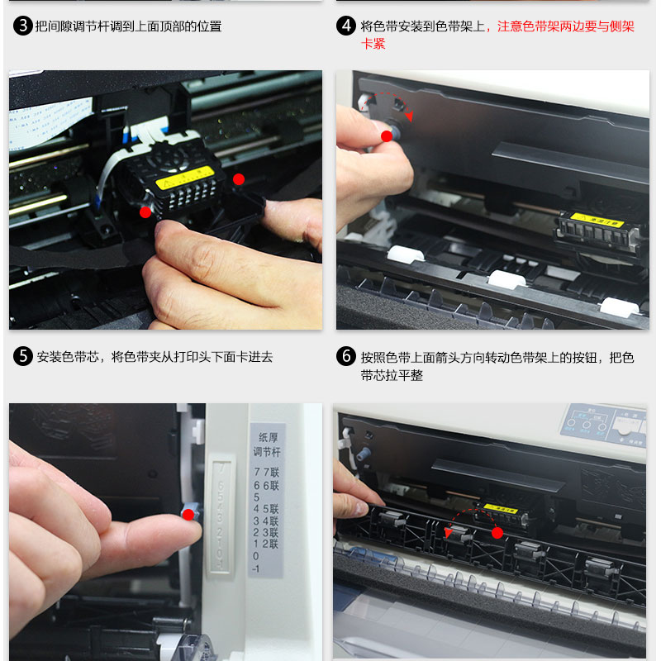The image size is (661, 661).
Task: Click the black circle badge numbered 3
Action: point(23,26)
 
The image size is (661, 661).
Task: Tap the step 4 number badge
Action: point(346,26)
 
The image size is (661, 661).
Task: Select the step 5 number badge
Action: point(23,357)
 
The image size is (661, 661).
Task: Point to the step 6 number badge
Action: point(346,357)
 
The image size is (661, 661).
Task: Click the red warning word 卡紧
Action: point(373,44)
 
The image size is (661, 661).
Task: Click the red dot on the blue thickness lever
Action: point(188,515)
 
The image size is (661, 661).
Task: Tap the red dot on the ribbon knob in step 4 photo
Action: point(386,136)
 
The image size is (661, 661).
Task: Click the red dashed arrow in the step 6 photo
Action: point(469,523)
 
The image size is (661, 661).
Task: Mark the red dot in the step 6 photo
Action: point(497,533)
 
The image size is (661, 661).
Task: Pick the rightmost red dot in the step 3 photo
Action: point(239,178)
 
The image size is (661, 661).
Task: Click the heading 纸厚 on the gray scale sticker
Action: point(268,438)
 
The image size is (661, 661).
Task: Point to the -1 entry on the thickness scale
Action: point(257,568)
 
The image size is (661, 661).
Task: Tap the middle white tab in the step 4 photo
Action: point(506,278)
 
